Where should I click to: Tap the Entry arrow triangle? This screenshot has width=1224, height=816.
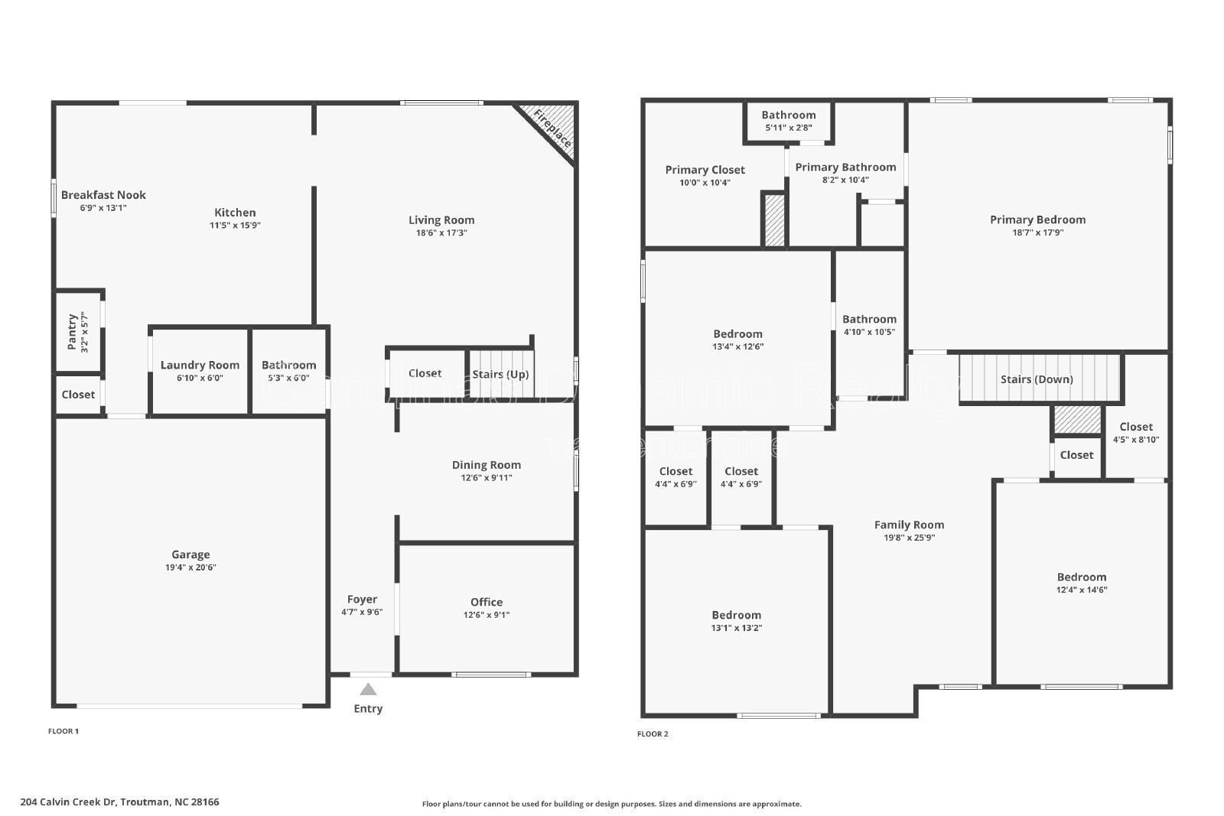pyautogui.click(x=368, y=689)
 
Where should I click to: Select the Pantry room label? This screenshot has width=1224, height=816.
pyautogui.click(x=72, y=331)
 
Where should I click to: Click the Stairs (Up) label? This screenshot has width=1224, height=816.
pyautogui.click(x=500, y=374)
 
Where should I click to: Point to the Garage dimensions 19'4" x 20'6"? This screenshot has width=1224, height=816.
pyautogui.click(x=190, y=567)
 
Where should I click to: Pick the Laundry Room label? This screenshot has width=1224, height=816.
pyautogui.click(x=200, y=365)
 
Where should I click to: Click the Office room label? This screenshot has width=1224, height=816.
pyautogui.click(x=487, y=602)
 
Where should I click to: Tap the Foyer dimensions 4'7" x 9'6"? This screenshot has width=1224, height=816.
pyautogui.click(x=362, y=612)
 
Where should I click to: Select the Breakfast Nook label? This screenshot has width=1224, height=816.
pyautogui.click(x=103, y=195)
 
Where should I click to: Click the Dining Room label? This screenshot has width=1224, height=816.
pyautogui.click(x=487, y=465)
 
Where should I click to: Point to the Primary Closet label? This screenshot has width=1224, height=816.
pyautogui.click(x=705, y=170)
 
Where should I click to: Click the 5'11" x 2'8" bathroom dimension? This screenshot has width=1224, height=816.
pyautogui.click(x=789, y=128)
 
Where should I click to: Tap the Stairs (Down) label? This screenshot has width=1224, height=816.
pyautogui.click(x=1037, y=379)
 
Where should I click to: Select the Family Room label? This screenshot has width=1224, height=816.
pyautogui.click(x=909, y=525)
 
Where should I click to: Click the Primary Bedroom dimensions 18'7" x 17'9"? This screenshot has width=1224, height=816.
pyautogui.click(x=1037, y=232)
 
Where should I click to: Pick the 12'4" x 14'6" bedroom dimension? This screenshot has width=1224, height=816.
pyautogui.click(x=1082, y=590)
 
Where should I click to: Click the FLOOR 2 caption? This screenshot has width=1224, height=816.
pyautogui.click(x=653, y=734)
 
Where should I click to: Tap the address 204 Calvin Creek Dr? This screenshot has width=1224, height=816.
pyautogui.click(x=119, y=802)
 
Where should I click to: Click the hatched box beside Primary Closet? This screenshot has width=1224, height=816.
pyautogui.click(x=774, y=220)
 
